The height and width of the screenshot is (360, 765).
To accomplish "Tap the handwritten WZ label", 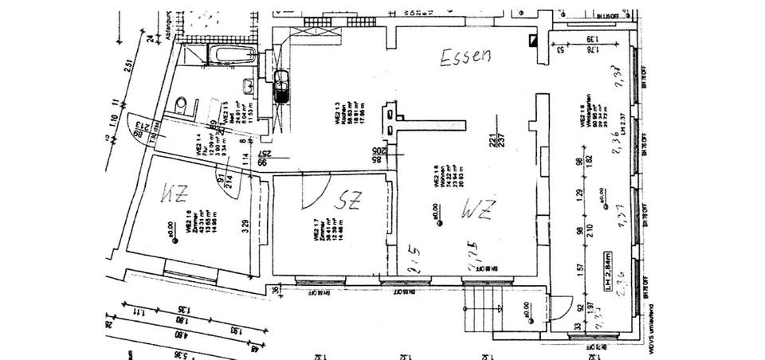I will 478,210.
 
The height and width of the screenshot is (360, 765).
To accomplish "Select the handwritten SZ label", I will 348,202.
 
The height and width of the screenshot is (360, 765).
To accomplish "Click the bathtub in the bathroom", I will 230,56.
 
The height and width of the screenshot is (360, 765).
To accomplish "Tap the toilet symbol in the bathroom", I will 182,104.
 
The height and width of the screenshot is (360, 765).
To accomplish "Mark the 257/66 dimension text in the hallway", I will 263,156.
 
